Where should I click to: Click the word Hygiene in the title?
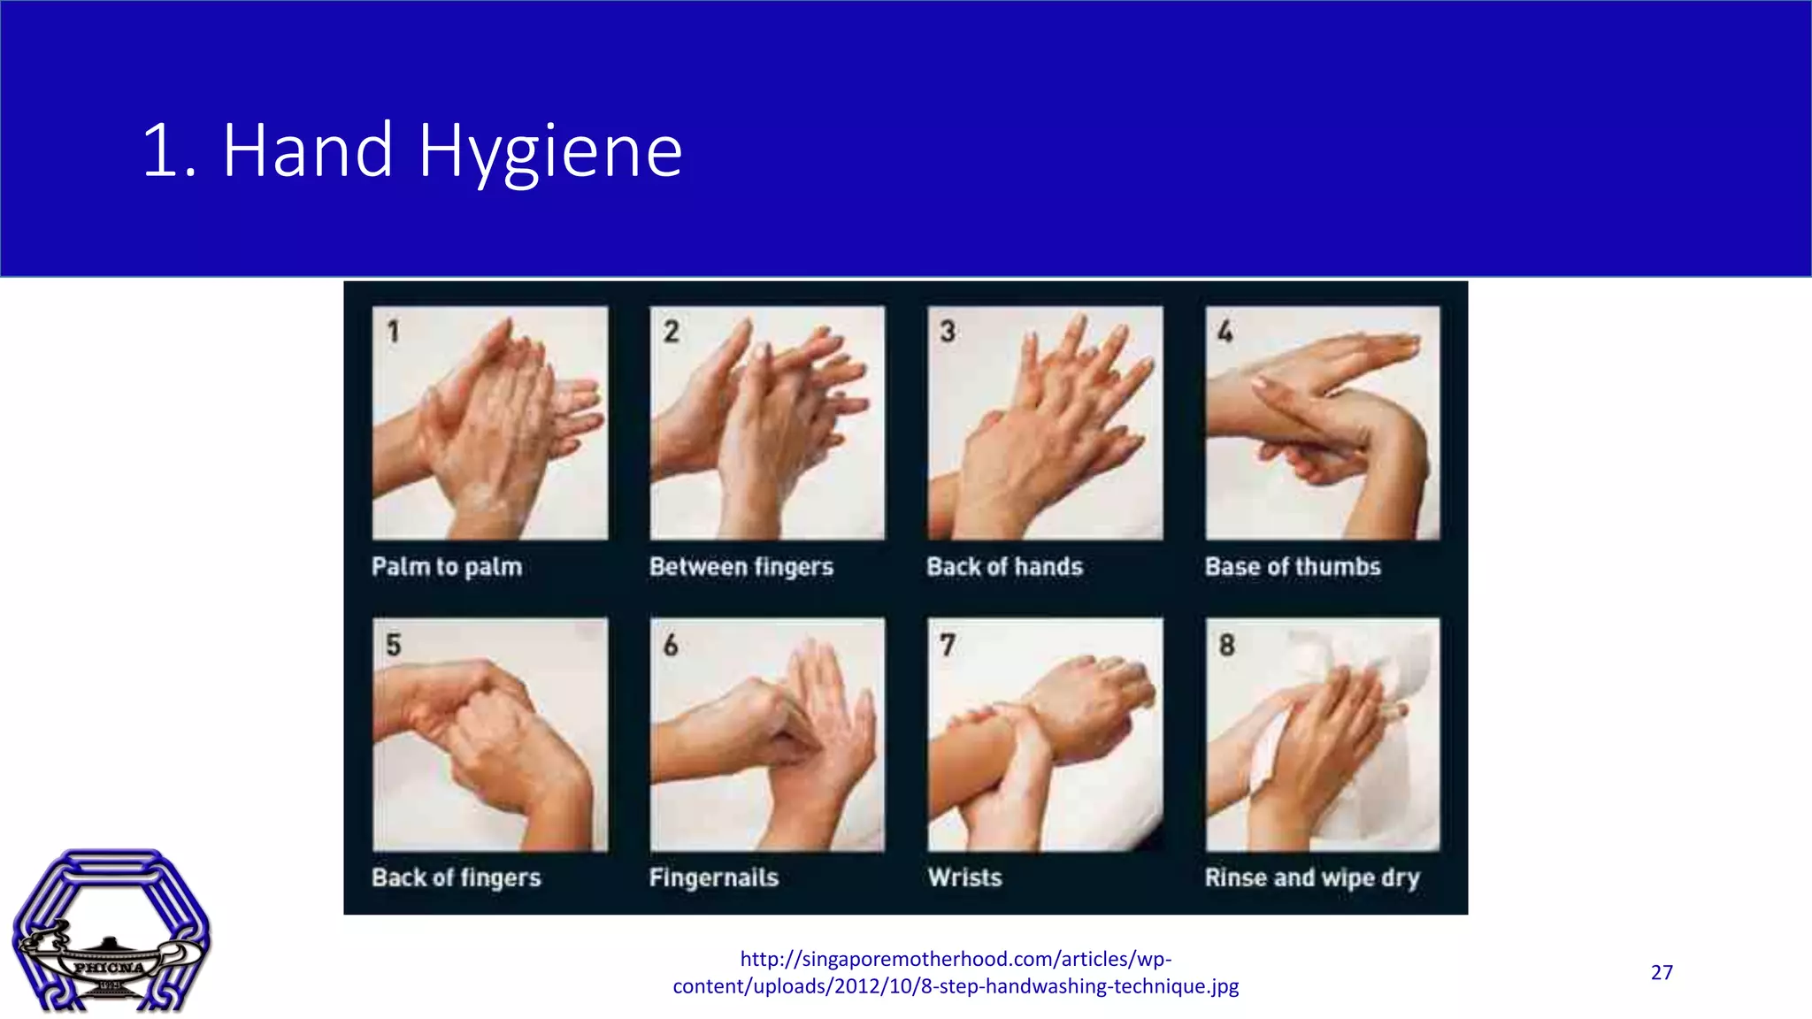(x=550, y=152)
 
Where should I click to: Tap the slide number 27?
(x=1662, y=973)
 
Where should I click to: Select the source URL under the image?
(x=956, y=972)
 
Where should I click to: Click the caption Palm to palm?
(x=447, y=567)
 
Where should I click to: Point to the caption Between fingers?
(x=741, y=567)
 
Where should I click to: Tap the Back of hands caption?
(x=1004, y=567)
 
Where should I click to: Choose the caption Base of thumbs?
(x=1293, y=567)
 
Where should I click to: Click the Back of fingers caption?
(x=457, y=878)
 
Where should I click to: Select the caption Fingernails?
(x=714, y=878)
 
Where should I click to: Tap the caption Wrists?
(x=965, y=878)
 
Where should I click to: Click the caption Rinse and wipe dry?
(x=1312, y=878)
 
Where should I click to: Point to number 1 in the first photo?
(x=393, y=332)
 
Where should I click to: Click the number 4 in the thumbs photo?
(x=1225, y=332)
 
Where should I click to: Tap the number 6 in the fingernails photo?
(x=671, y=645)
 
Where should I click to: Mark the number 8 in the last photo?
(x=1226, y=645)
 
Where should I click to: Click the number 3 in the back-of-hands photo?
(x=948, y=332)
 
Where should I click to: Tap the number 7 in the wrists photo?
(x=948, y=645)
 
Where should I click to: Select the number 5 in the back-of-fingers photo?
(x=394, y=645)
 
